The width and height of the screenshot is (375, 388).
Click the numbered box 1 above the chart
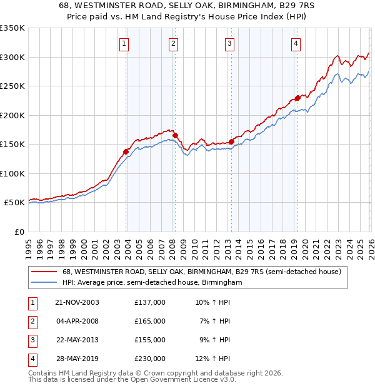click(x=124, y=44)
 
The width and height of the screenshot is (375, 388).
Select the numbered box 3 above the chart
click(x=230, y=44)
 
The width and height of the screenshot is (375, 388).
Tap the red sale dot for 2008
click(x=175, y=135)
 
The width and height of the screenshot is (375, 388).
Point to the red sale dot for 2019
click(x=298, y=98)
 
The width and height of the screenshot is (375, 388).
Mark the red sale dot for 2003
click(x=126, y=151)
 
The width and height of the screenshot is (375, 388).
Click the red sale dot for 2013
click(x=231, y=141)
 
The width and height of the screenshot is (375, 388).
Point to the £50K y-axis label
click(x=14, y=203)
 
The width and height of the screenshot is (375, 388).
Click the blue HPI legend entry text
click(x=152, y=283)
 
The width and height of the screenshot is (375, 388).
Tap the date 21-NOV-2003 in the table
click(x=77, y=302)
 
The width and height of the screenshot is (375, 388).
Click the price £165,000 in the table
click(x=150, y=321)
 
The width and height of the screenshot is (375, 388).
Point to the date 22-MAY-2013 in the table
click(x=77, y=340)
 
